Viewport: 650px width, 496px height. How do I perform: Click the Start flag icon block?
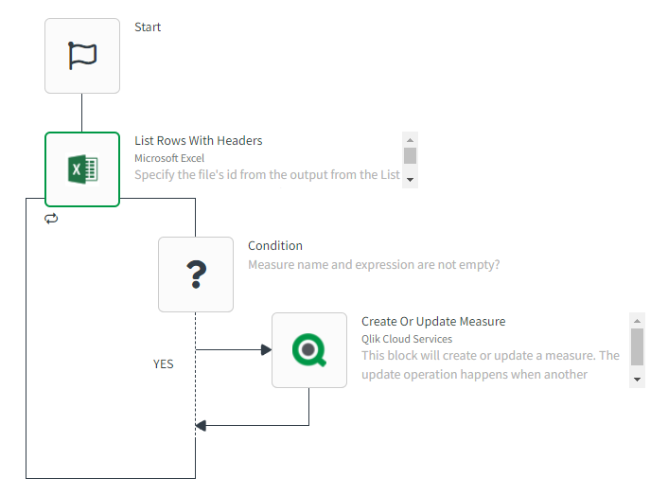82,56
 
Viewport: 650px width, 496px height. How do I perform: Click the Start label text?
148,27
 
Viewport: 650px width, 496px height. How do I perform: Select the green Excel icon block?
82,169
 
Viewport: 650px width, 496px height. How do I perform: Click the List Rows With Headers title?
198,141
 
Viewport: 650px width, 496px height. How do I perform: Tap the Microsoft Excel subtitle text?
168,158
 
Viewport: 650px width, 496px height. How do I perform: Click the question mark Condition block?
196,275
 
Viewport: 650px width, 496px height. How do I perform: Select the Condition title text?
275,246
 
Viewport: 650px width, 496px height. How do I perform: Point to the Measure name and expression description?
374,265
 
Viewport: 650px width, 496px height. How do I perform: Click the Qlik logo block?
309,350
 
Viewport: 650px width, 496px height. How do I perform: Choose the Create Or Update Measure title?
433,322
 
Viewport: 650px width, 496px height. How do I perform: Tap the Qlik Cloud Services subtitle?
407,339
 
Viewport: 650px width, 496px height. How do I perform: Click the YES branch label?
164,363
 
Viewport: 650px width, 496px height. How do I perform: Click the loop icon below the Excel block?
51,219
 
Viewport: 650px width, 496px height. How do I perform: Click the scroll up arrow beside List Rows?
410,138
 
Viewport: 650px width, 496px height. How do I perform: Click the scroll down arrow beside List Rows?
410,179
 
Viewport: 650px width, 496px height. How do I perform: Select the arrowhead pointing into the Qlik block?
266,350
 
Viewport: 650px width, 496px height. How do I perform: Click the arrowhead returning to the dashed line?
201,425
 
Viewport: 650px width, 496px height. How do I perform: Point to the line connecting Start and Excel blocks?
82,113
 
